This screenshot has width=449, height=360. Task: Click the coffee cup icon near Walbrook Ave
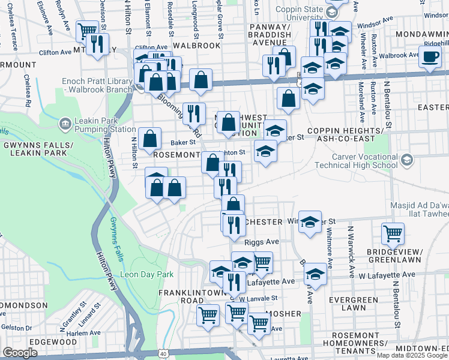(x=429, y=58)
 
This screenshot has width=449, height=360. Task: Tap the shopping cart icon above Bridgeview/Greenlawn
(x=393, y=233)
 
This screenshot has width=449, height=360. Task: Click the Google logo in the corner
(x=20, y=353)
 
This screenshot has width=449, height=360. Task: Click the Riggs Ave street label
(x=262, y=241)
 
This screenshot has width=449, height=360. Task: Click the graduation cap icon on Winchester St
(x=310, y=222)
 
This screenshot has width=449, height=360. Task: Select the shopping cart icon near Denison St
(x=88, y=29)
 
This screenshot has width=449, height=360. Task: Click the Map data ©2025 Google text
(x=412, y=355)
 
